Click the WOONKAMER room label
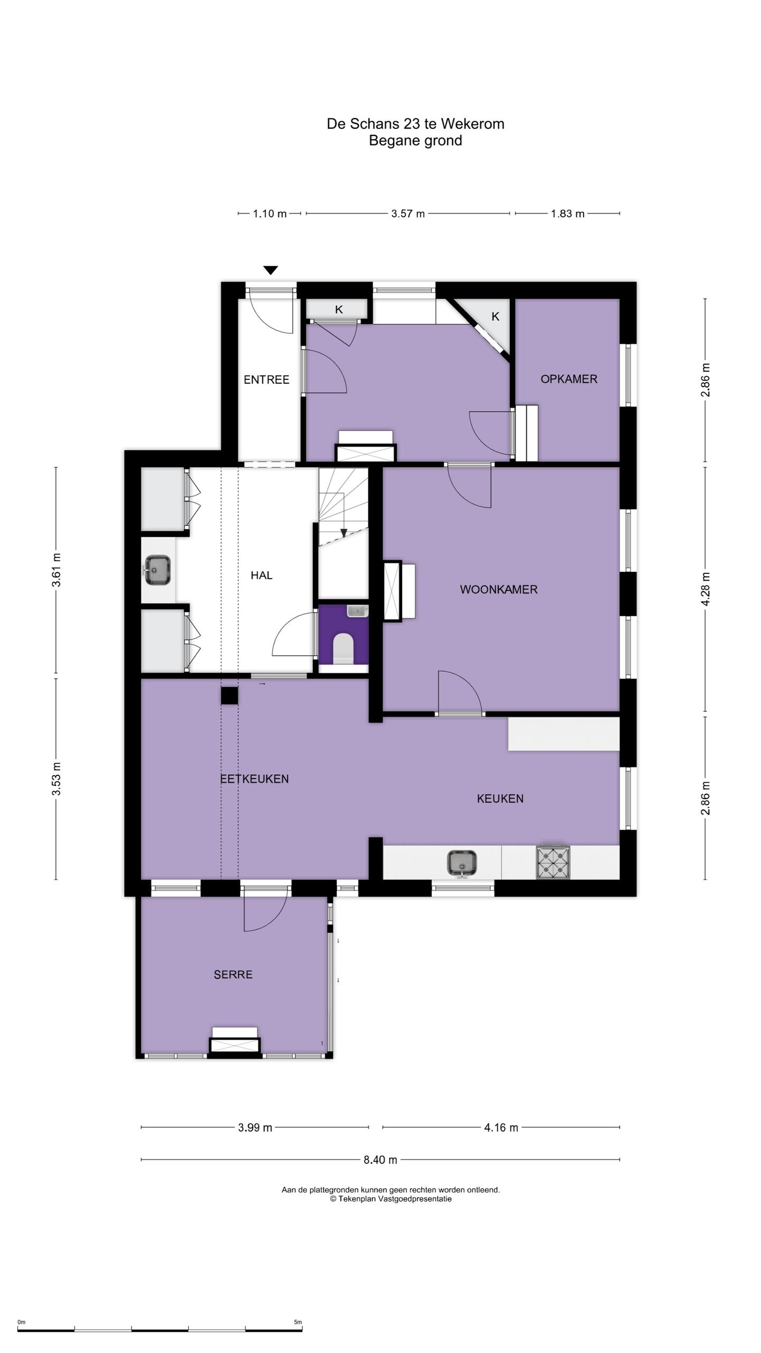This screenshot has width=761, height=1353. point(498,589)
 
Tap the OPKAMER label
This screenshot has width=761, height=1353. point(569,379)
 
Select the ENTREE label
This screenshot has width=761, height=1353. point(266,379)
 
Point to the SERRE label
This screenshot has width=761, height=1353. point(233,975)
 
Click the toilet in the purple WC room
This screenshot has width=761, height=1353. point(344,647)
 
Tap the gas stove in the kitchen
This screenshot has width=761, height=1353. point(553,863)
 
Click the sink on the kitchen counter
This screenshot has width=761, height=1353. point(462,863)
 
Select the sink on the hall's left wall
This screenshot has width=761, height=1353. point(156,570)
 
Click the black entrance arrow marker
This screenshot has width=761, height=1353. point(271,270)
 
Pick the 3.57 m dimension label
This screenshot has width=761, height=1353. point(408,214)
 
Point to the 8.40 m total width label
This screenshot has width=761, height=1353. point(380,1160)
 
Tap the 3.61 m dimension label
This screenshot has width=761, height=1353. point(57,570)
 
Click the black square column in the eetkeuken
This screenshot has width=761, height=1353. point(229,696)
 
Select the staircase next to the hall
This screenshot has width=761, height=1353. point(344,506)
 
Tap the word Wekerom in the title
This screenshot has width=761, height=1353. point(472,124)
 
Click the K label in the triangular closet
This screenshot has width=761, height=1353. point(495,317)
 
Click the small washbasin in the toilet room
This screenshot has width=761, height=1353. point(358,611)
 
